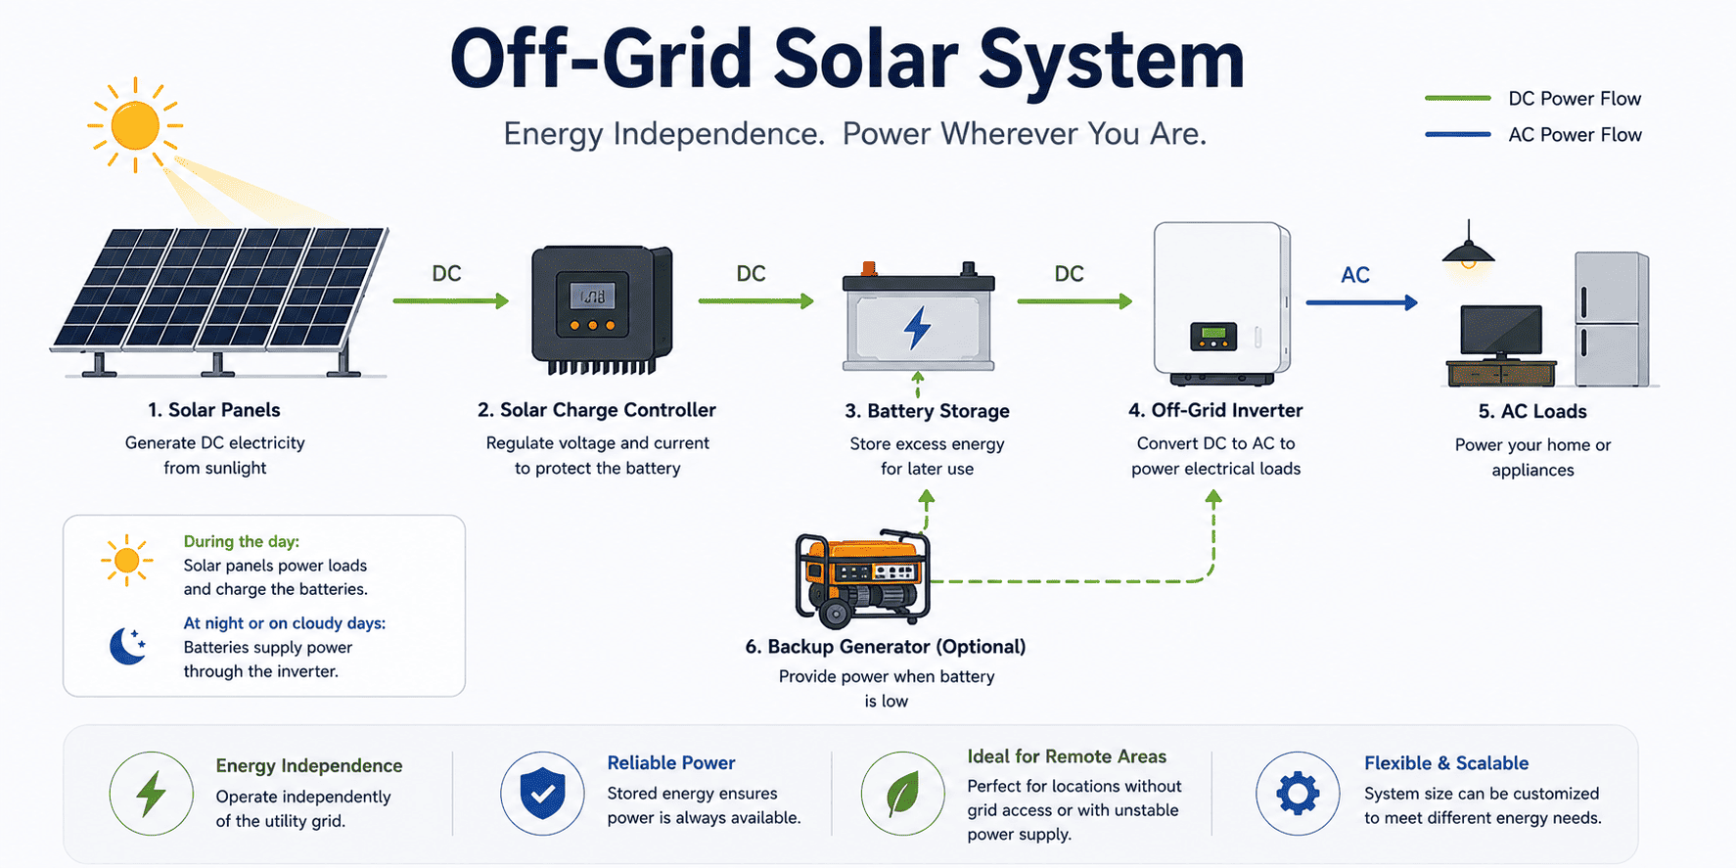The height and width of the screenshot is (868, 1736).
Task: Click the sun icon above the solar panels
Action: tap(135, 125)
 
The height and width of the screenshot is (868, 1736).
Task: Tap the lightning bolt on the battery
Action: tap(918, 328)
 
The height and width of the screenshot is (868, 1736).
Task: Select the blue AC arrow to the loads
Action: tap(1362, 302)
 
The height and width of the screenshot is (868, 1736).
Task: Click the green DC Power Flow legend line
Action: tap(1458, 98)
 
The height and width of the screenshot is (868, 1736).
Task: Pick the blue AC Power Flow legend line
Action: tap(1458, 134)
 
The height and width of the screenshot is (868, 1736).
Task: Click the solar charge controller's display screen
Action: tap(592, 295)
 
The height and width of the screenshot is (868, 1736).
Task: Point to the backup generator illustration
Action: tap(862, 577)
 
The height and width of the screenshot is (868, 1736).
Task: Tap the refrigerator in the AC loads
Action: tap(1612, 319)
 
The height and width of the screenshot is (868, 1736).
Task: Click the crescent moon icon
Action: tap(127, 646)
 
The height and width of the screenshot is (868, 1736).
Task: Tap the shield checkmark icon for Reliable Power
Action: tap(542, 793)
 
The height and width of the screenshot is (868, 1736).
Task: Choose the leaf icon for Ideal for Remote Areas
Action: tap(902, 793)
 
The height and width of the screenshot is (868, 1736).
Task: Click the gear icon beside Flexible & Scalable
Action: tap(1298, 793)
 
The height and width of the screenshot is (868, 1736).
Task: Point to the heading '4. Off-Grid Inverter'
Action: tap(1215, 410)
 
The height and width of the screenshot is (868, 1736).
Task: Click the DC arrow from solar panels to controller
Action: tap(451, 300)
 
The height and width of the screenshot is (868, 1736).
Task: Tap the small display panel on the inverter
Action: tap(1213, 337)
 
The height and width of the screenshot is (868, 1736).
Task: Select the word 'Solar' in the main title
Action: tap(866, 59)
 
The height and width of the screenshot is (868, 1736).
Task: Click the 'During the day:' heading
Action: tap(242, 541)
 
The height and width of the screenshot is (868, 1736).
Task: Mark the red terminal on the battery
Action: tap(868, 268)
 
